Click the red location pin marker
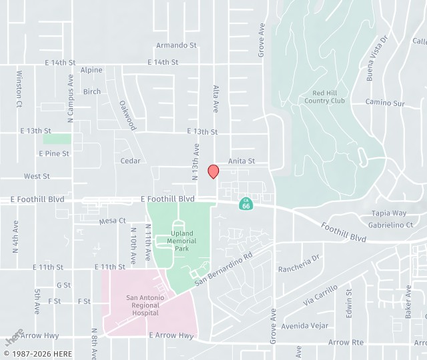tap(213, 171)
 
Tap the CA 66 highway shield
tap(246, 203)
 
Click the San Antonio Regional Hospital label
tap(145, 305)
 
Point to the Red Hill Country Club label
tap(324, 97)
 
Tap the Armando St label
tap(177, 45)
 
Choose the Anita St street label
tap(242, 161)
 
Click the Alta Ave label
tap(216, 98)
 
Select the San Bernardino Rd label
tap(224, 269)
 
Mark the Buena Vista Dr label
tap(378, 59)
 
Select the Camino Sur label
tap(385, 103)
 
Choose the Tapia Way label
tap(389, 213)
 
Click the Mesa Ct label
tap(112, 221)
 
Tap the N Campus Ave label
tap(70, 97)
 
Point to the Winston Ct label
tap(19, 89)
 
